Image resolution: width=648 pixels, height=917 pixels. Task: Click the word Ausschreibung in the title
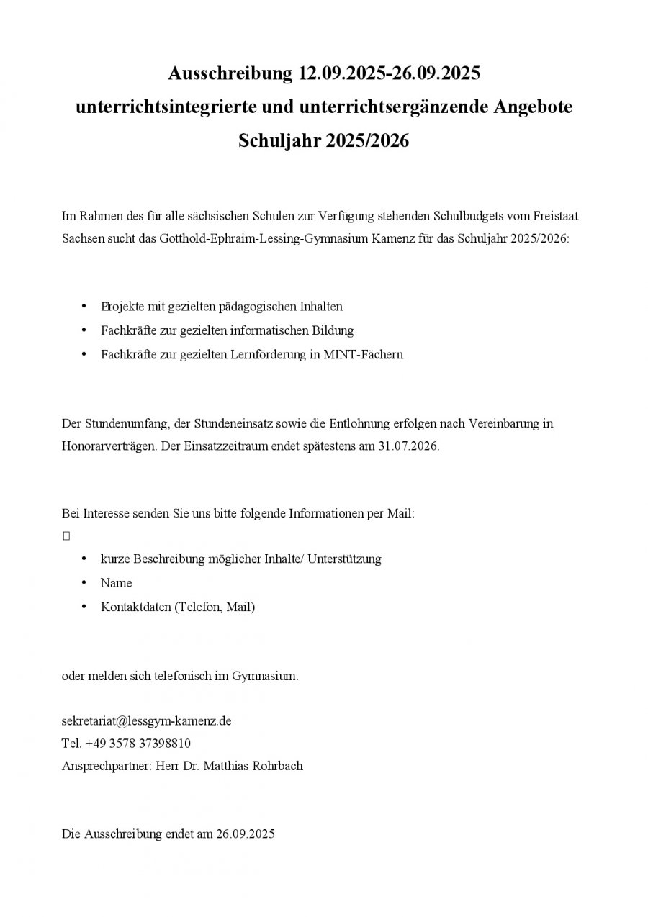230,73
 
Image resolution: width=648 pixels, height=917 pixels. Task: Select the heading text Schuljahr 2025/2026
323,140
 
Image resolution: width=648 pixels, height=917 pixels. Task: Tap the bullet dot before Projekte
84,306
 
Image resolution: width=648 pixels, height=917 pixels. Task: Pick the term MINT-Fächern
367,354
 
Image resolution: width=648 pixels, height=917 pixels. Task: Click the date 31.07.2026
408,446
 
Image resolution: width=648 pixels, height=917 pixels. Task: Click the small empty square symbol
66,536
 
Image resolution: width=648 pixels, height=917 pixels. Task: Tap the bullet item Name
116,582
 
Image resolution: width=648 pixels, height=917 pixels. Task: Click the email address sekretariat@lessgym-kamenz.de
147,720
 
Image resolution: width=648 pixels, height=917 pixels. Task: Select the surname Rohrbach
277,766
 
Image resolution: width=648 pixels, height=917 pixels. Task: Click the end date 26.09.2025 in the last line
246,834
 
